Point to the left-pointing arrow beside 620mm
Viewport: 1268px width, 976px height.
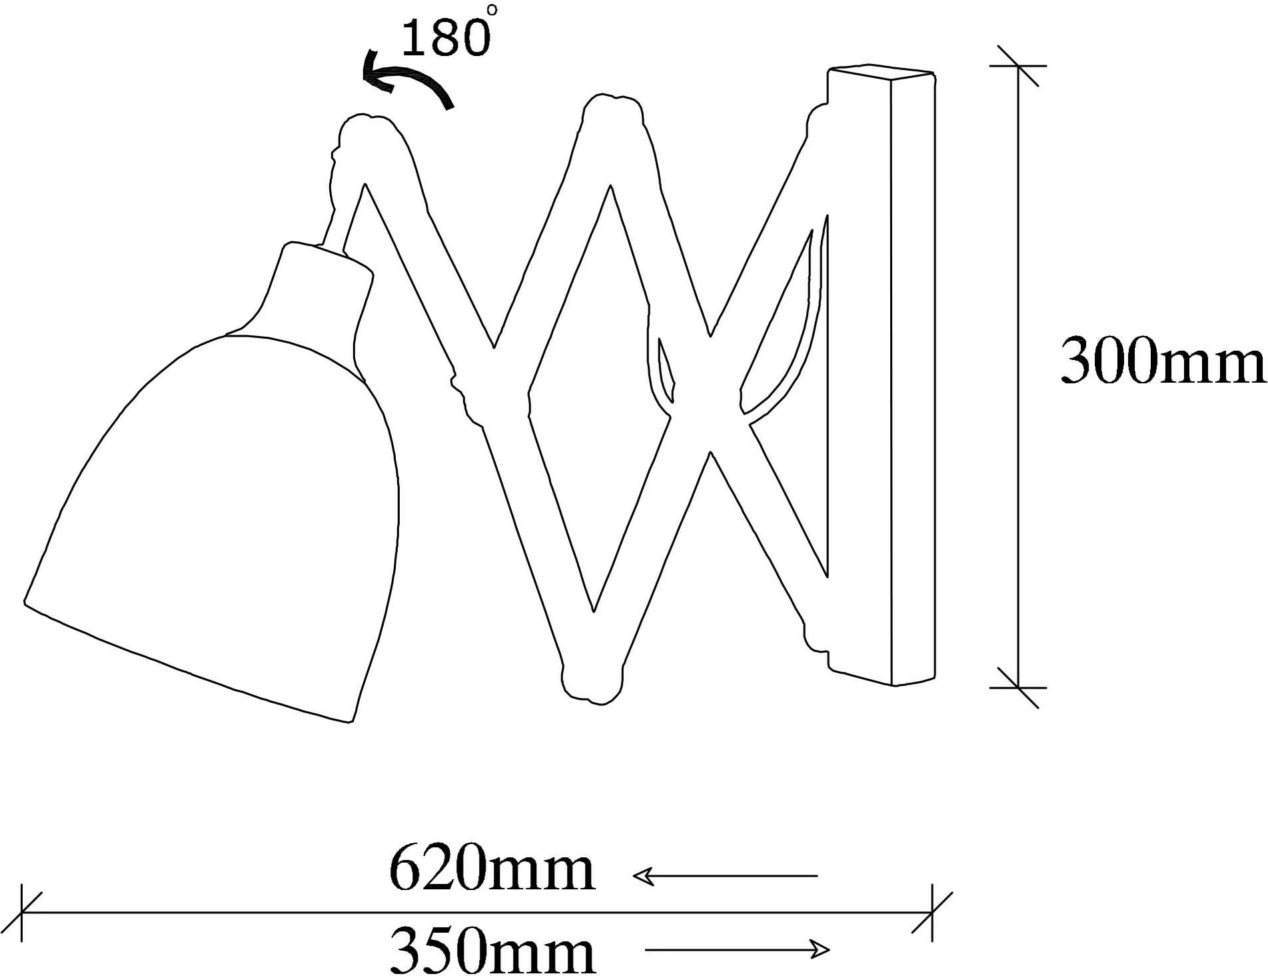(x=724, y=875)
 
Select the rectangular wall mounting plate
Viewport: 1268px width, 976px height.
(x=881, y=375)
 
